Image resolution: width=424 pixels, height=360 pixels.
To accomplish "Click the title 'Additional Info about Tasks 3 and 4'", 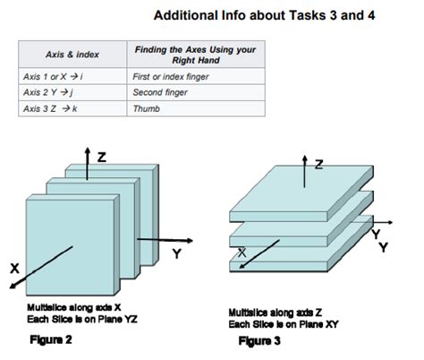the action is pos(264,15).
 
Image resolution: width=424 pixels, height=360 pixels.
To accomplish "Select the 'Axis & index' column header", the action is pos(72,55).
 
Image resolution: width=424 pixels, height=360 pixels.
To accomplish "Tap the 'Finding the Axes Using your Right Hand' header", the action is pos(196,55).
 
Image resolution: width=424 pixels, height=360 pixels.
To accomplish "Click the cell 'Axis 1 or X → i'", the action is pos(53,77).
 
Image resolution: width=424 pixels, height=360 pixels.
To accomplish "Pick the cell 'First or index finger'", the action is pos(171,77).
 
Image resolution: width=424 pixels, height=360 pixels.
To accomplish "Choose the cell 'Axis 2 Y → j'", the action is pos(48,92).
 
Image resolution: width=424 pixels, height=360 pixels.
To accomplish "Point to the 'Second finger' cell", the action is pos(160,92).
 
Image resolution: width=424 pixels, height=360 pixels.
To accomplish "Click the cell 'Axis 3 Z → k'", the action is pos(50,108).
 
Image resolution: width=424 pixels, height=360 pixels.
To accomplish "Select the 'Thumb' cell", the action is pos(147,108).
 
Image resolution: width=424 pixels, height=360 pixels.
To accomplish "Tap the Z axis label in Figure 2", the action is pos(102,157).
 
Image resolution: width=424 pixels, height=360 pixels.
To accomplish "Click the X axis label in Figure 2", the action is pos(14,269).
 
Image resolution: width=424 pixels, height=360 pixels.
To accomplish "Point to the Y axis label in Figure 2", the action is pos(177,253).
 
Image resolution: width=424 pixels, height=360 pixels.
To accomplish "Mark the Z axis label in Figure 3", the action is pos(318,165).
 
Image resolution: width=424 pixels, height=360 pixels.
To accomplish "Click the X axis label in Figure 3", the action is pos(242,253).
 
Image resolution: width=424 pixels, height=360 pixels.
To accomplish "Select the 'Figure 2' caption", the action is pos(51,339).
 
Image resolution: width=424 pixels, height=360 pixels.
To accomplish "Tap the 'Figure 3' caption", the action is pos(259,340).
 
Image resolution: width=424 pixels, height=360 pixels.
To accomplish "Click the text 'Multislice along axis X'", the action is pos(74,307).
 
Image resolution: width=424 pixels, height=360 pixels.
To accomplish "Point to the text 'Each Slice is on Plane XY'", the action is pos(284,324).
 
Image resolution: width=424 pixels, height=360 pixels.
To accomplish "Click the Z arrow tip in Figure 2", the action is pos(87,148).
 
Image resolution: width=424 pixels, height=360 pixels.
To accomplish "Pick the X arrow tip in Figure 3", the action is pos(240,268).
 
